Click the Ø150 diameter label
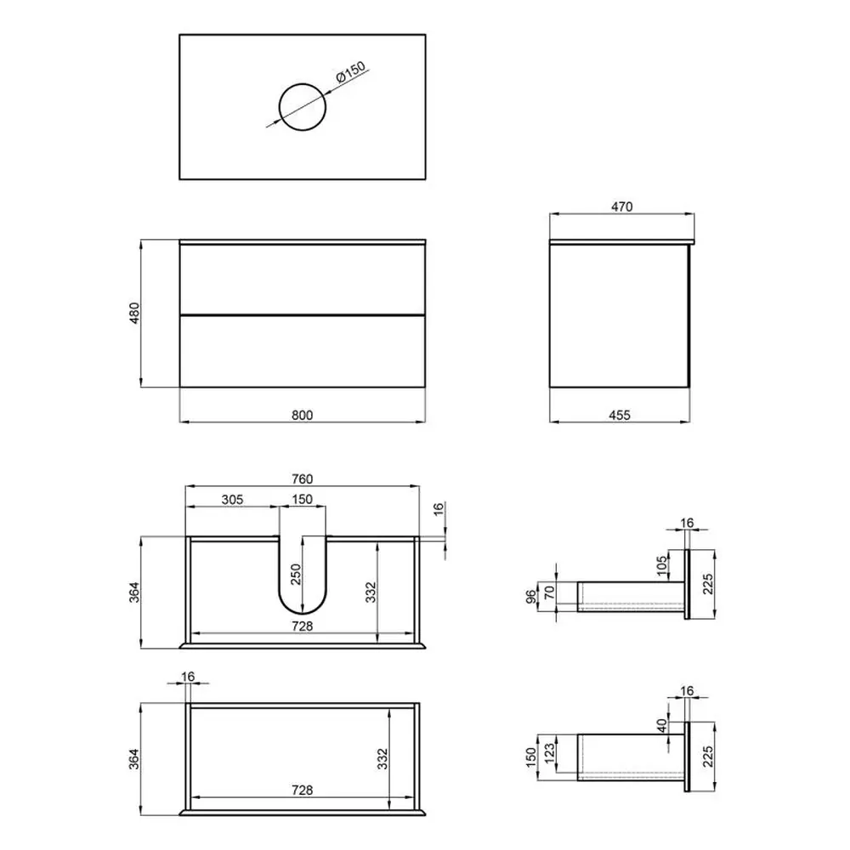coord(351,72)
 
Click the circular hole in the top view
coord(303,84)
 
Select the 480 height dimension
coord(134,313)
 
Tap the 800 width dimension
coord(302,416)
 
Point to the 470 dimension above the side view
coord(622,207)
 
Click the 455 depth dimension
coord(620,416)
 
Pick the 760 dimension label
coord(302,479)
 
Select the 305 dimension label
coord(232,500)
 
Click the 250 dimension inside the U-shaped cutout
coord(296,575)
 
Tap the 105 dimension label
coord(661,566)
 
